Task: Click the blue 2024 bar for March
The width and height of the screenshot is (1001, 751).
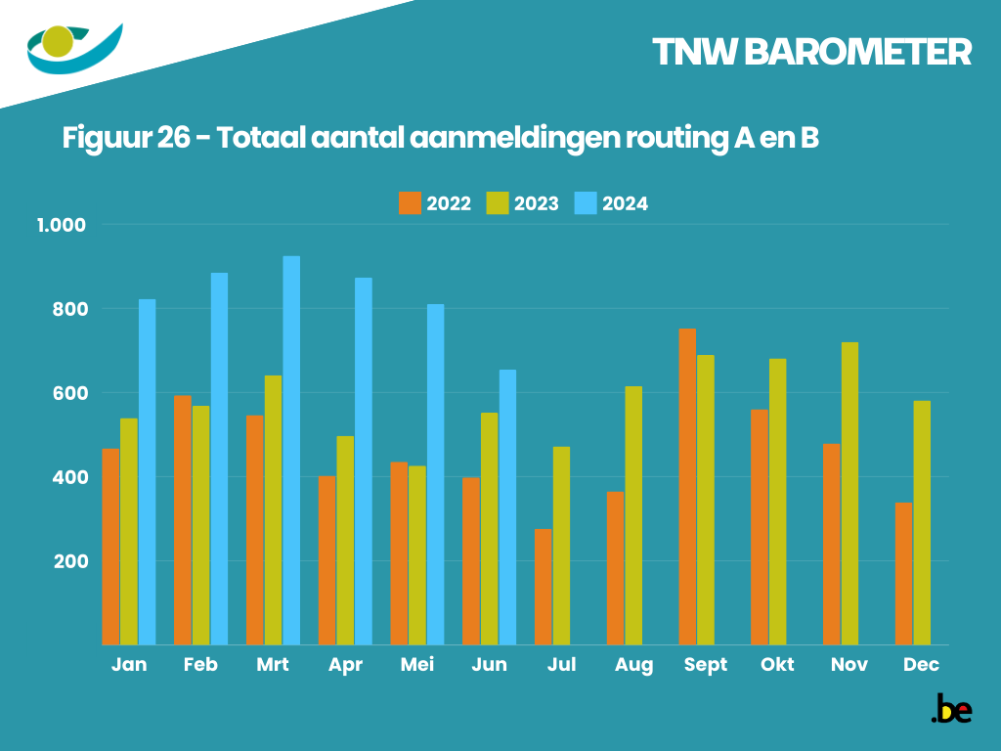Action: pos(291,450)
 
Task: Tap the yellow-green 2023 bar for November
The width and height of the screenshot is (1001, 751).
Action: pos(849,493)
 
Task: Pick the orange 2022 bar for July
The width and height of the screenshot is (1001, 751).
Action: pos(543,587)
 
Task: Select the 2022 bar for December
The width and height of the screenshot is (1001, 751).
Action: pos(903,573)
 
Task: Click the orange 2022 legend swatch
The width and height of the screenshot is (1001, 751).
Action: pos(410,203)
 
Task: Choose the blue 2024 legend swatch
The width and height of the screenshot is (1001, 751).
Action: pos(585,203)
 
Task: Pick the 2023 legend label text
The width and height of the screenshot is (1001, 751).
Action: pos(537,203)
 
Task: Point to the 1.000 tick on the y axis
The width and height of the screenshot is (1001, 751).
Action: pos(62,225)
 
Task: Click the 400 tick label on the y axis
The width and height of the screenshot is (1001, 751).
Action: pos(70,477)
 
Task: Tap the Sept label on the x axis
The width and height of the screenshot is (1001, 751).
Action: pos(706,665)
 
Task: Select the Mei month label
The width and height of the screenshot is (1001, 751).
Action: pos(417,665)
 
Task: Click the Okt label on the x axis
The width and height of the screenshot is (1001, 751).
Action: pos(777,665)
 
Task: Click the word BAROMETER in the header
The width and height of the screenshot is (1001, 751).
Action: pos(857,53)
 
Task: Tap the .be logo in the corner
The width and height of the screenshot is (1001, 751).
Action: pos(951,709)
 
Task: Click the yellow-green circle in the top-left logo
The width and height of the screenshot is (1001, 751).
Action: pos(59,42)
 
